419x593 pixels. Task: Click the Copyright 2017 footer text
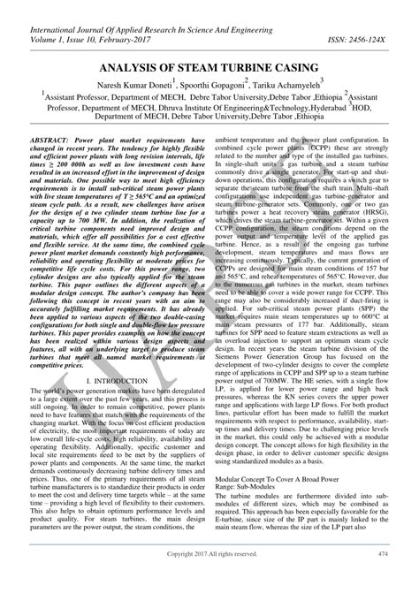click(x=209, y=578)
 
